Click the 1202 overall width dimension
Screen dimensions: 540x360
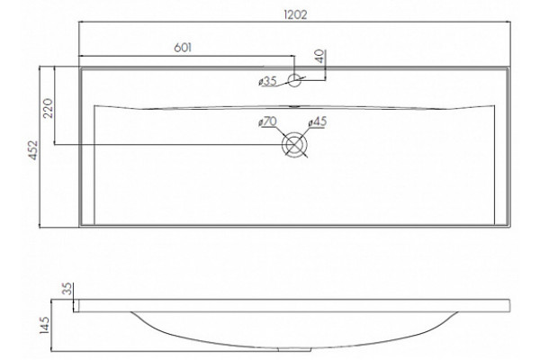pyautogui.click(x=295, y=14)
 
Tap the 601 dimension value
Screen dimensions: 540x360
pyautogui.click(x=183, y=48)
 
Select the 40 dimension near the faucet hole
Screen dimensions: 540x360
pyautogui.click(x=320, y=56)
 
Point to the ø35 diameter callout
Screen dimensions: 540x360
pyautogui.click(x=267, y=81)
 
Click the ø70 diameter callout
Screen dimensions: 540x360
pyautogui.click(x=267, y=121)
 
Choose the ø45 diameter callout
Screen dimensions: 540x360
pyautogui.click(x=317, y=121)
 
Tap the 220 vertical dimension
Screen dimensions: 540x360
pyautogui.click(x=48, y=108)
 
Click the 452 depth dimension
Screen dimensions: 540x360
pyautogui.click(x=33, y=150)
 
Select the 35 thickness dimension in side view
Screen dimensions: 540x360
pyautogui.click(x=68, y=289)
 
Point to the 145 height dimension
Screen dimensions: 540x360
pyautogui.click(x=45, y=325)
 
